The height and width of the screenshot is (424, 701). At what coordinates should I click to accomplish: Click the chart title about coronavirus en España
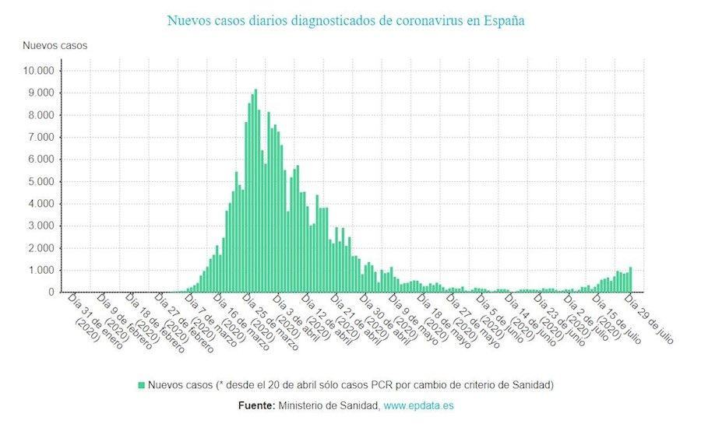pyautogui.click(x=346, y=20)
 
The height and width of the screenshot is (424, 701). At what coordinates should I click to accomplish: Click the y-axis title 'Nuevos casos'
pyautogui.click(x=55, y=45)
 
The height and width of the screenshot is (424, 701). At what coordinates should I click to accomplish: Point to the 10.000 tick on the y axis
pyautogui.click(x=38, y=71)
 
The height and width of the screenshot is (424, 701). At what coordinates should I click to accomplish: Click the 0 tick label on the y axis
pyautogui.click(x=51, y=293)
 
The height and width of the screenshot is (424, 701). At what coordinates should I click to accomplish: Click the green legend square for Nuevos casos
pyautogui.click(x=142, y=385)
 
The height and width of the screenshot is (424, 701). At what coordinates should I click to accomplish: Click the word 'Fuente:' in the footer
pyautogui.click(x=255, y=405)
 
